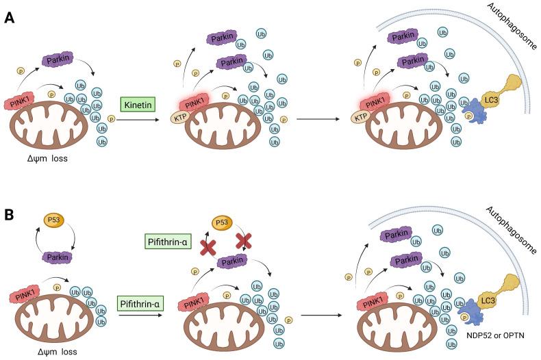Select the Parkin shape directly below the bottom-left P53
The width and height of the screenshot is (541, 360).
pos(58,256)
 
